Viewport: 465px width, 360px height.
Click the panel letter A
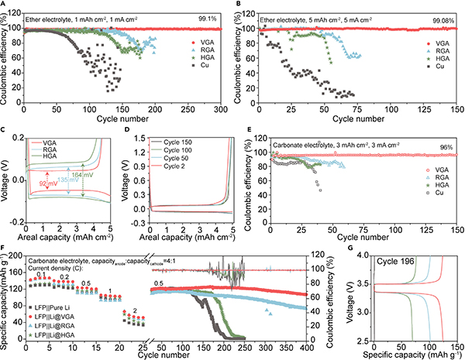[5, 5]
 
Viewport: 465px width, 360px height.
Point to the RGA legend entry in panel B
[439, 50]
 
